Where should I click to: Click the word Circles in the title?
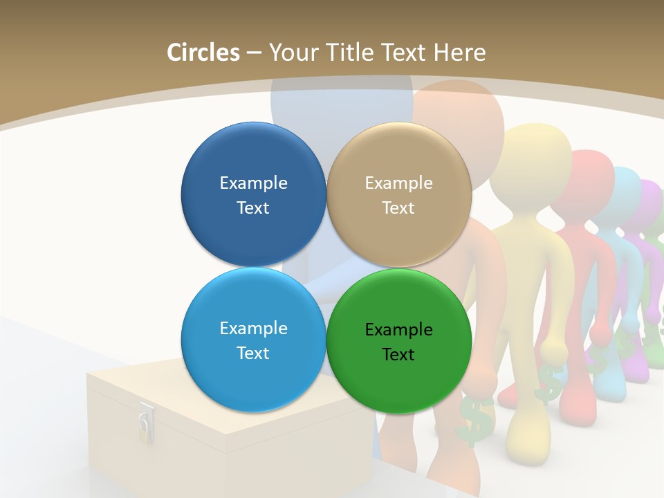point(203,53)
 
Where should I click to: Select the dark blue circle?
point(253,194)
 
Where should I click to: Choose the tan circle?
point(399,194)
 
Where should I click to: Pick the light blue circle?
point(253,340)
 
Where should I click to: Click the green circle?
point(399,340)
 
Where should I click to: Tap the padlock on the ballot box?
point(145,423)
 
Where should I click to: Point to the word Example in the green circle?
point(398,329)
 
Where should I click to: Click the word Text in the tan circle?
point(398,208)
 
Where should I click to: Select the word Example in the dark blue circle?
point(253,183)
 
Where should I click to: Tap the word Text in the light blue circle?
point(253,353)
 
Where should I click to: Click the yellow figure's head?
point(533,156)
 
